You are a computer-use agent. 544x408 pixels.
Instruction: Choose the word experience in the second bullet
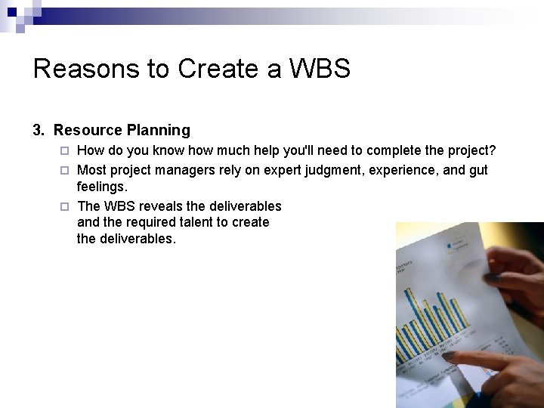coord(401,170)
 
